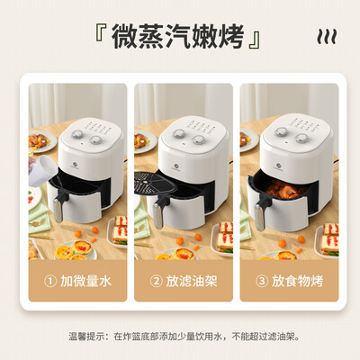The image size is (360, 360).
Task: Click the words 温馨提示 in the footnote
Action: click(x=87, y=337)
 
